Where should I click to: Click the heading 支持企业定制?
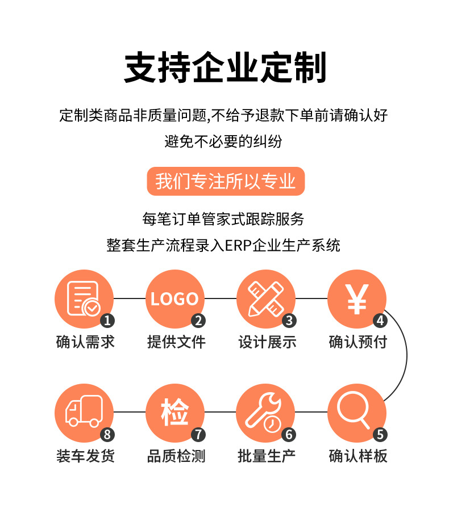click(225, 68)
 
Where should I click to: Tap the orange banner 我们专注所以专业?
click(226, 181)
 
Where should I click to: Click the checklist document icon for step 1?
click(84, 299)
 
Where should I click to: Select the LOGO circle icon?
click(174, 299)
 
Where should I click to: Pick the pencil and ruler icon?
click(265, 299)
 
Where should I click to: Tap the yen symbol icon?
click(356, 299)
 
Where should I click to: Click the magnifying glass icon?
click(356, 413)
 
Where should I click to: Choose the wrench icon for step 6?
click(265, 413)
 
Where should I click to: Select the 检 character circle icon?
click(174, 413)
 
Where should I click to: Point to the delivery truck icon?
click(84, 413)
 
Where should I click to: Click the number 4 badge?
click(380, 321)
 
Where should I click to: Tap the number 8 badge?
click(107, 435)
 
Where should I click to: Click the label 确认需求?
click(85, 342)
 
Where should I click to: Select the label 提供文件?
click(176, 342)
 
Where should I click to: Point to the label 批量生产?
click(267, 456)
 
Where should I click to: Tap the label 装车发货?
click(85, 456)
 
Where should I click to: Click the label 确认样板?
click(358, 456)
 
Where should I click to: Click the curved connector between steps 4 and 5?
click(406, 356)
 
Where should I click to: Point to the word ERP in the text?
click(238, 246)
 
